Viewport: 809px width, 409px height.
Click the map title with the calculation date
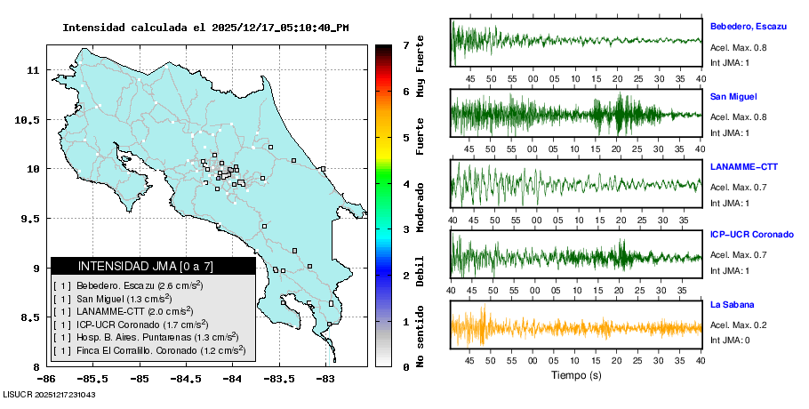click(205, 28)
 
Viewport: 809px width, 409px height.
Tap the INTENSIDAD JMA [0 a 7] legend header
click(153, 266)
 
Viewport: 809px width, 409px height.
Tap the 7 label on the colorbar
click(405, 44)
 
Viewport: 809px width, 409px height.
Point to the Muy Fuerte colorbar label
click(421, 68)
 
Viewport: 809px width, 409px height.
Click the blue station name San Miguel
click(733, 96)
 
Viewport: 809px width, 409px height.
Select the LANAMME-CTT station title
click(745, 166)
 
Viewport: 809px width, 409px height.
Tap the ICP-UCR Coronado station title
click(751, 235)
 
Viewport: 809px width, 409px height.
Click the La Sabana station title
click(732, 304)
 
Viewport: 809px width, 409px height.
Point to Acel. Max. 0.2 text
click(738, 325)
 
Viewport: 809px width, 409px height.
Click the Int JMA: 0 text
click(730, 341)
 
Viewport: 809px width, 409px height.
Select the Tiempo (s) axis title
click(576, 375)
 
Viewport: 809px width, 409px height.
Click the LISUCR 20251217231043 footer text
click(50, 394)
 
